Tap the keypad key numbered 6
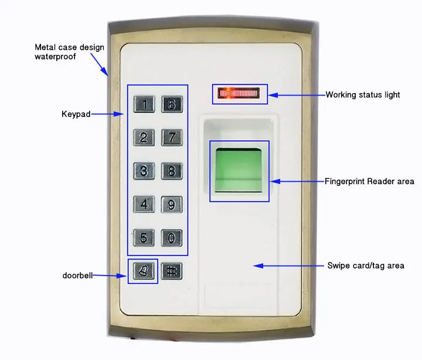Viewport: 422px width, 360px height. click(x=172, y=104)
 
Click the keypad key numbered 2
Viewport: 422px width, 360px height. click(x=144, y=138)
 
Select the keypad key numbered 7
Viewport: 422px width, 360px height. click(x=172, y=138)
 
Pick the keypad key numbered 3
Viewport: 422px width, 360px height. click(x=144, y=171)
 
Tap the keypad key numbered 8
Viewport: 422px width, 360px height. click(x=172, y=171)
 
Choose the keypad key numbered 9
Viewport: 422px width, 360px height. click(x=172, y=205)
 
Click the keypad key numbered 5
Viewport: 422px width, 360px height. click(x=144, y=238)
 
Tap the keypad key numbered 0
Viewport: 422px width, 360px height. click(x=172, y=238)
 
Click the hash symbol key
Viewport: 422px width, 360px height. click(x=172, y=271)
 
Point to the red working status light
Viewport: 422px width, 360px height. click(x=240, y=93)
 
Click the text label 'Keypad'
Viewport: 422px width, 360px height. click(x=76, y=114)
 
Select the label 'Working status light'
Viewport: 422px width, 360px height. click(x=363, y=94)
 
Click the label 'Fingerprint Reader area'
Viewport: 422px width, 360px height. click(x=369, y=181)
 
